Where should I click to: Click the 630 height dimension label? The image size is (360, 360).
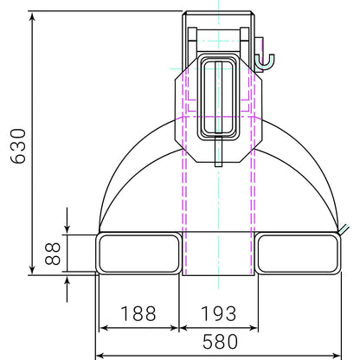18,146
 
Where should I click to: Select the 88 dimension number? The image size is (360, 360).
53,254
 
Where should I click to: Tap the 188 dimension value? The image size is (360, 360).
138,313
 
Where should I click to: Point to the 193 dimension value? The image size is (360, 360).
218,313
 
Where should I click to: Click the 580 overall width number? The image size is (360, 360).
220,342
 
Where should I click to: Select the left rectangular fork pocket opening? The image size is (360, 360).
138,254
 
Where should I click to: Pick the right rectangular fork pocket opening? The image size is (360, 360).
298,254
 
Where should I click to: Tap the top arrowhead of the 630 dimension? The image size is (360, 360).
32,16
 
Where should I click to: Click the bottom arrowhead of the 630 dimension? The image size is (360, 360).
32,269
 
